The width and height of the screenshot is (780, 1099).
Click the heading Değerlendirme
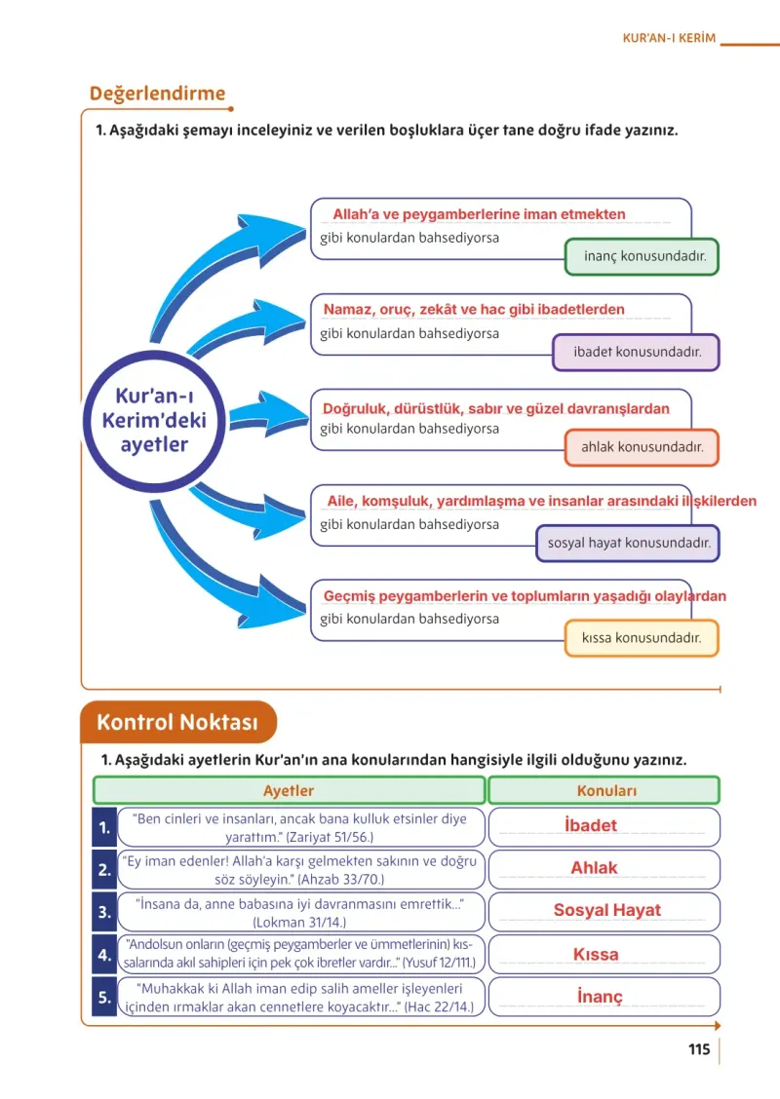[157, 94]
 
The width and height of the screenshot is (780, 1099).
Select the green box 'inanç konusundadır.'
[642, 256]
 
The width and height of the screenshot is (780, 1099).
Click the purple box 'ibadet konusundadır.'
[637, 352]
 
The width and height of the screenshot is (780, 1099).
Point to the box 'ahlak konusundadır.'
[642, 447]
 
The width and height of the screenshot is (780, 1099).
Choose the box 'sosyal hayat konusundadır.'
[629, 544]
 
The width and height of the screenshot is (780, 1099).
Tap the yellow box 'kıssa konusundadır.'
[642, 638]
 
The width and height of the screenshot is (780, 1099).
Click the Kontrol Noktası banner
[178, 722]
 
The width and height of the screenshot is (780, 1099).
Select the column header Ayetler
[289, 790]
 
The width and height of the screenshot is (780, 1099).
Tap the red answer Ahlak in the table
[594, 868]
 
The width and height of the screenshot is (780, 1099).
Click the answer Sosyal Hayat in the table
[606, 910]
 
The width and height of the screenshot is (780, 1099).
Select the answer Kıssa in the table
[596, 954]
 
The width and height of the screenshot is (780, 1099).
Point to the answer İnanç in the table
[599, 997]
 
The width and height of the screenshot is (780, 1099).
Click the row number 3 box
[104, 912]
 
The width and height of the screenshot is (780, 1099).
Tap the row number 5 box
[104, 997]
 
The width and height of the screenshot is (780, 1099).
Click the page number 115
[699, 1049]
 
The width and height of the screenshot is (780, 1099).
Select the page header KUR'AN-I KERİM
[669, 38]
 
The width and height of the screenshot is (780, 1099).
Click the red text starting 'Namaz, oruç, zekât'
[474, 309]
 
